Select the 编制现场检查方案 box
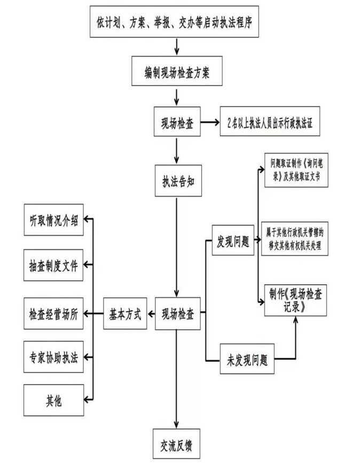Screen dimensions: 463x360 (x=177, y=72)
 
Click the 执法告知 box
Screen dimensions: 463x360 (x=177, y=179)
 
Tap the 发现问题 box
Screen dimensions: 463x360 (x=231, y=241)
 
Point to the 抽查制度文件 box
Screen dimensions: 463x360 (x=54, y=266)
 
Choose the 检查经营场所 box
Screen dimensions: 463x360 (x=54, y=312)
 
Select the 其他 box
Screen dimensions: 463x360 (x=54, y=400)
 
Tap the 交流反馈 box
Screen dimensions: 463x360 (x=177, y=443)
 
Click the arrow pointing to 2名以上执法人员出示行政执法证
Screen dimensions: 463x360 (x=211, y=122)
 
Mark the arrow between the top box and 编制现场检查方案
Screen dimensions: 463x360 (x=177, y=47)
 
